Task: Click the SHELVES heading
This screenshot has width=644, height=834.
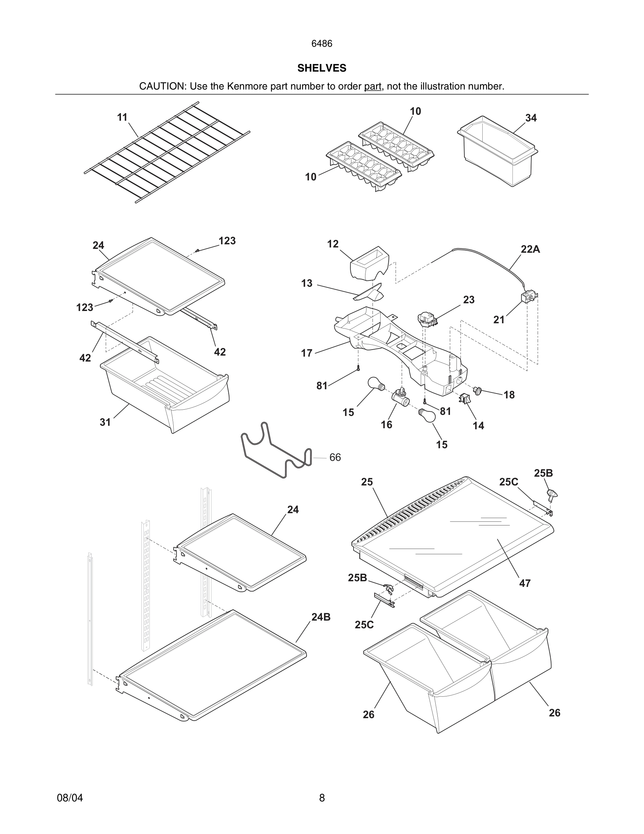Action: [x=322, y=68]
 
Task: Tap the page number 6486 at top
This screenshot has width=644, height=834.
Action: [x=322, y=44]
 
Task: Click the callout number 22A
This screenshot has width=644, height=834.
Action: [x=530, y=249]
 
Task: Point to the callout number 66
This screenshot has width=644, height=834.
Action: [x=335, y=457]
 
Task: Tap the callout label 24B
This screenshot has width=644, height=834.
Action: [x=321, y=617]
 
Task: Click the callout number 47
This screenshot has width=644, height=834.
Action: [x=525, y=583]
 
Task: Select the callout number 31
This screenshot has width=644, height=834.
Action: [x=105, y=422]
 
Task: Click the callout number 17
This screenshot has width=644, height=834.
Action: [x=307, y=353]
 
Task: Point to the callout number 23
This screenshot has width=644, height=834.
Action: [x=469, y=300]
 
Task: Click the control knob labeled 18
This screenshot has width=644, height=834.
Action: [x=478, y=390]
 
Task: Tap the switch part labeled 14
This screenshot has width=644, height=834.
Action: [x=464, y=399]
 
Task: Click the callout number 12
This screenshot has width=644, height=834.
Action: [x=333, y=244]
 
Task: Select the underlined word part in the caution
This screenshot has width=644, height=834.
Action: [x=373, y=87]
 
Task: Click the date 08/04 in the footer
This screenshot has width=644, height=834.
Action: [x=70, y=798]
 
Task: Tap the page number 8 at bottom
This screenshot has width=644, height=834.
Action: [x=322, y=798]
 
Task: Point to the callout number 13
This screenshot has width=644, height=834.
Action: [x=307, y=283]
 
